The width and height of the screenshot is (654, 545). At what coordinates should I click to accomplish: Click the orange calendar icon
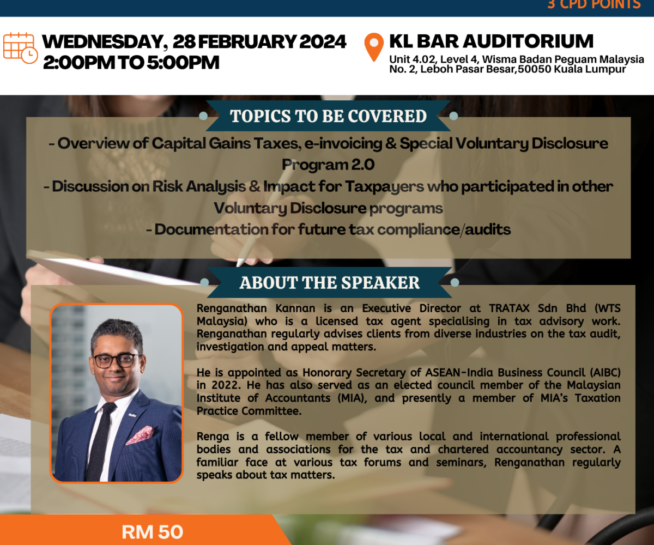(20, 48)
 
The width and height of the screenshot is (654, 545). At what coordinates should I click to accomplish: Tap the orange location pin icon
(374, 47)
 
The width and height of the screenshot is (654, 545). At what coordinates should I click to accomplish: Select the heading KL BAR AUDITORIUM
(491, 41)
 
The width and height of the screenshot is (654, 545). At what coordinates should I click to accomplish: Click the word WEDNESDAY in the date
(103, 42)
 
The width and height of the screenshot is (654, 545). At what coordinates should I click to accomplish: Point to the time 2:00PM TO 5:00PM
(131, 62)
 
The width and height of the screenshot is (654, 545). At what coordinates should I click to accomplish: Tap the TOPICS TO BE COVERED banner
(328, 116)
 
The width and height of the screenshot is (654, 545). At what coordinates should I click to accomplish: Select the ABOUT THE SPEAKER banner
(330, 282)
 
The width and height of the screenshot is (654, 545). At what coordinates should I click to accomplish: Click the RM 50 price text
(152, 532)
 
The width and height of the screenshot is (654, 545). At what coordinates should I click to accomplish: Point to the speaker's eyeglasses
(117, 360)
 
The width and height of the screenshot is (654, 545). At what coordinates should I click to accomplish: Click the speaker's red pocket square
(140, 435)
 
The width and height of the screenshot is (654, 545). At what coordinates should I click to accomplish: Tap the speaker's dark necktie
(100, 441)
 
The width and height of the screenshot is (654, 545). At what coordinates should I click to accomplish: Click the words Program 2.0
(328, 165)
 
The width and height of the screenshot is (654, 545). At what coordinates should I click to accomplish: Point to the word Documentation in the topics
(211, 229)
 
